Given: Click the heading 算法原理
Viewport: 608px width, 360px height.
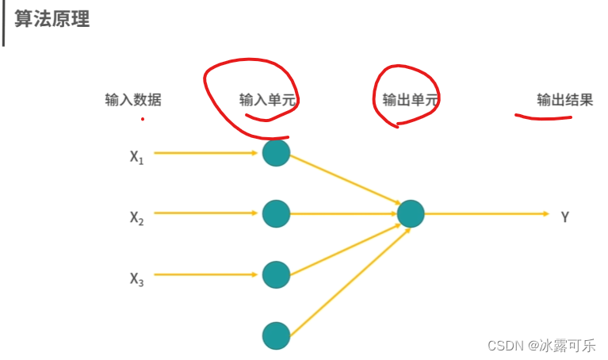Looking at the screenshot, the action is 52,19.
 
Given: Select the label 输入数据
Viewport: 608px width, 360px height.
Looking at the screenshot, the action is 133,100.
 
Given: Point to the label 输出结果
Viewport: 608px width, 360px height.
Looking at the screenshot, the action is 564,100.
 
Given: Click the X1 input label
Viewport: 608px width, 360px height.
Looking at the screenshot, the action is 137,157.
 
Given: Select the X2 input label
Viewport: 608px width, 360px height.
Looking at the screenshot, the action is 137,217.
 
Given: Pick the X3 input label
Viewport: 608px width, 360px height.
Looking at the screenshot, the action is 137,279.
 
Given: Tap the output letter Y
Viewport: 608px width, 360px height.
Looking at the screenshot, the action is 564,216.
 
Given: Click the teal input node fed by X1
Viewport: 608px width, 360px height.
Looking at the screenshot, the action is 276,153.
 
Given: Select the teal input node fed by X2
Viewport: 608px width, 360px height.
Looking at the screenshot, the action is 276,213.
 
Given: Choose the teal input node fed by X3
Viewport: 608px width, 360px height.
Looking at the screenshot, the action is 276,274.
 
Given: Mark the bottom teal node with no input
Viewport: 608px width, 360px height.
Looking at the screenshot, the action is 276,335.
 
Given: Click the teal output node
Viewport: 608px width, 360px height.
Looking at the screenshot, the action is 411,213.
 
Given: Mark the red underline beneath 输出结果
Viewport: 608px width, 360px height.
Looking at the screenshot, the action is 544,117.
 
